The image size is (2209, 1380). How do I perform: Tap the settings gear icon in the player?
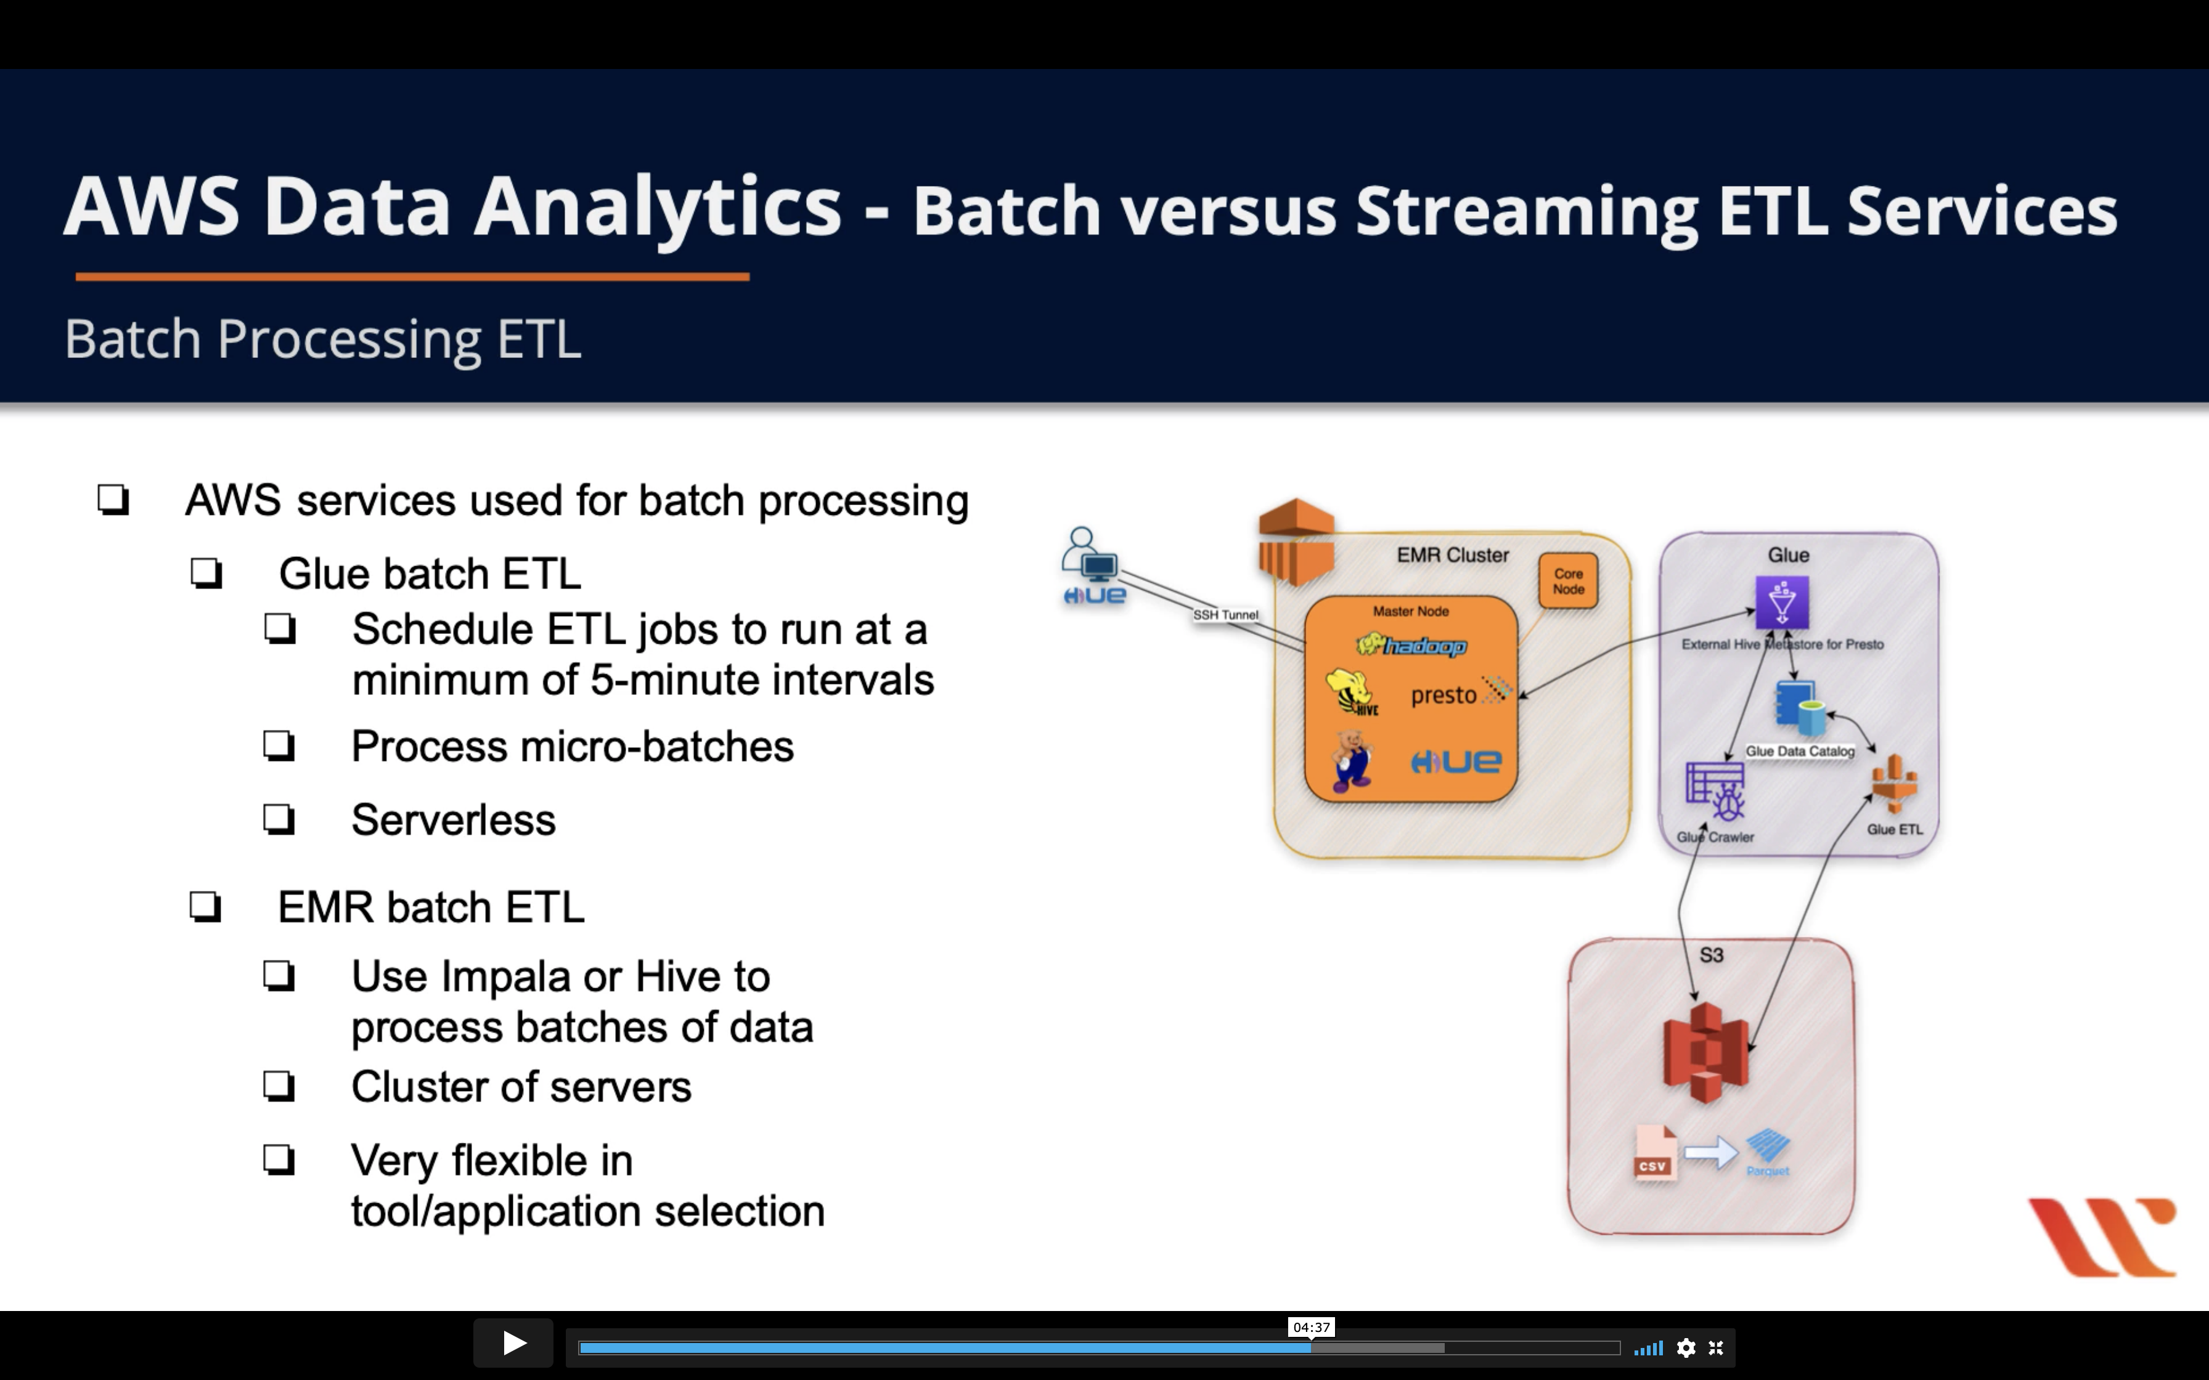coord(1686,1348)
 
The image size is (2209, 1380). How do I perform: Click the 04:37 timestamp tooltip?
coord(1311,1327)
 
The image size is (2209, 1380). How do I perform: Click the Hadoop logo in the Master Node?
coord(1411,646)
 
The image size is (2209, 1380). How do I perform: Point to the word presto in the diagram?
coord(1443,696)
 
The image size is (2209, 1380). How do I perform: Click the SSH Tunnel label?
coord(1225,615)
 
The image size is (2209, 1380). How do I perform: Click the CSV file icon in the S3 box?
coord(1654,1154)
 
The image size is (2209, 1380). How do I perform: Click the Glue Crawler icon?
coord(1716,791)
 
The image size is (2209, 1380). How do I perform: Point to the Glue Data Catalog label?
coord(1799,751)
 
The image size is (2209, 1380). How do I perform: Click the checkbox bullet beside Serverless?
coord(279,819)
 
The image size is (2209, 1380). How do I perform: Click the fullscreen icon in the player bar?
coord(1716,1348)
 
